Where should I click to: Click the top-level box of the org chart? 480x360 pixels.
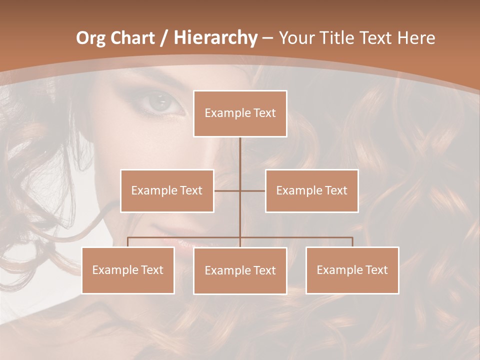pyautogui.click(x=240, y=113)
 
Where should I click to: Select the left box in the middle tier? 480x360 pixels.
pyautogui.click(x=167, y=190)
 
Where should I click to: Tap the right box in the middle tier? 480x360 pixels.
pyautogui.click(x=311, y=190)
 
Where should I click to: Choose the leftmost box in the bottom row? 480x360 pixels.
pyautogui.click(x=128, y=270)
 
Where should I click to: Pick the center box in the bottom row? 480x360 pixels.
pyautogui.click(x=240, y=270)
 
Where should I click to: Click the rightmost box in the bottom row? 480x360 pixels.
pyautogui.click(x=352, y=270)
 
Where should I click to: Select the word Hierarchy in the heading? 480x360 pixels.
pyautogui.click(x=215, y=38)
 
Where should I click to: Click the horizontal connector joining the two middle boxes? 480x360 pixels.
pyautogui.click(x=227, y=190)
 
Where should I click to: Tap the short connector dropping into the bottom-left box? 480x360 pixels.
pyautogui.click(x=128, y=242)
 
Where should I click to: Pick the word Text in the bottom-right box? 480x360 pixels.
pyautogui.click(x=376, y=270)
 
